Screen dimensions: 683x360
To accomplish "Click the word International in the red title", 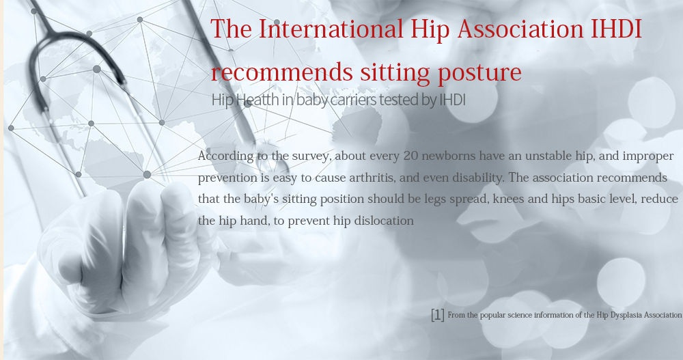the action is (x=331, y=29).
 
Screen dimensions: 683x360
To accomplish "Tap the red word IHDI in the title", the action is (x=616, y=29).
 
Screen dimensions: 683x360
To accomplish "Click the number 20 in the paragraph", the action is (x=410, y=156).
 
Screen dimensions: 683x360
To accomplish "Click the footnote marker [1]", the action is (x=438, y=315).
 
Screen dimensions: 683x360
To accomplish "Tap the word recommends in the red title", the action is (x=281, y=72).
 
